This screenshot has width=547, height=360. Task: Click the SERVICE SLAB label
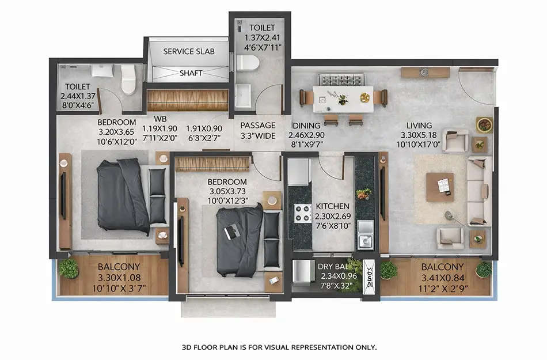tap(188, 51)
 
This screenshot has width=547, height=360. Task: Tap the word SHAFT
tap(191, 73)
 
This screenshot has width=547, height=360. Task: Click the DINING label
tap(306, 126)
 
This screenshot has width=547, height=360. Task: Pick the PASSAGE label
tap(257, 126)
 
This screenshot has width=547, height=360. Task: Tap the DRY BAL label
tap(333, 267)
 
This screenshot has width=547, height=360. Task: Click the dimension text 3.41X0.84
tap(442, 276)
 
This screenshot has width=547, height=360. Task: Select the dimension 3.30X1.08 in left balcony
tap(116, 276)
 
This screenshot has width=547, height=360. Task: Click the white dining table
tap(343, 98)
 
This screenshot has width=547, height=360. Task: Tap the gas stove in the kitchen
tap(303, 214)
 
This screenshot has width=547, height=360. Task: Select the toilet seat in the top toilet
tap(245, 62)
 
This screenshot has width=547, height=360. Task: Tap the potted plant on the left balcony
tap(69, 268)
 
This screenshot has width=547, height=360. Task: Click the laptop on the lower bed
tap(233, 231)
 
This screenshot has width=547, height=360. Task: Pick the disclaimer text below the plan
tap(279, 347)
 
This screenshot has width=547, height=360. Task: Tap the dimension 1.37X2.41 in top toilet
tap(262, 37)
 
